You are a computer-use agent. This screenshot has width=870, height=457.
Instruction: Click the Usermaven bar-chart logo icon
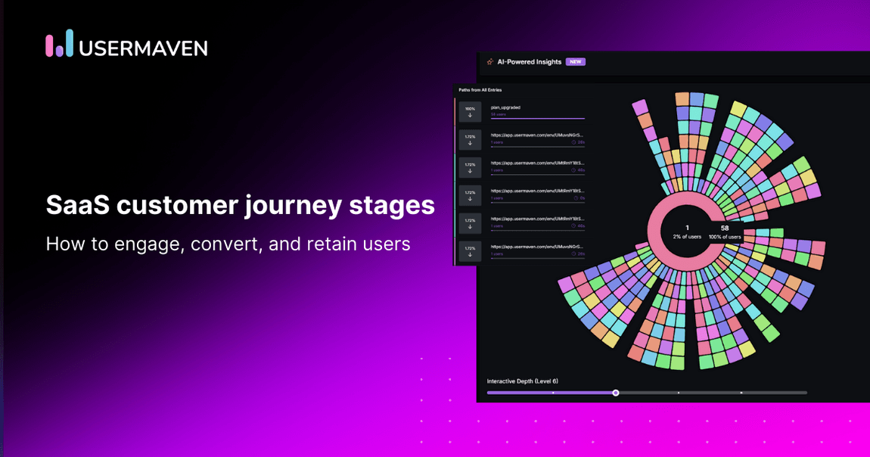tap(59, 44)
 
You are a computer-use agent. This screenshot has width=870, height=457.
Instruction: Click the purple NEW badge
tap(576, 62)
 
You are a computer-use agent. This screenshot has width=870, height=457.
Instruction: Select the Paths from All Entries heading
tap(480, 90)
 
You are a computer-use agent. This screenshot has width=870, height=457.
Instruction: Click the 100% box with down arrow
tap(470, 112)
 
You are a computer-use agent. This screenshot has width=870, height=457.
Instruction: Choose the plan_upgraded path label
tap(505, 107)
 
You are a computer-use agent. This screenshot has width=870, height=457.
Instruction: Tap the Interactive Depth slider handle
tap(616, 393)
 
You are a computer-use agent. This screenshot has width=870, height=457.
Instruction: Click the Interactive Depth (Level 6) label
tap(522, 381)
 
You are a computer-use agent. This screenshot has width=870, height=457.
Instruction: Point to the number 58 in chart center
tap(724, 228)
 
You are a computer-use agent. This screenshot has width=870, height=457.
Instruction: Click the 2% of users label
tap(687, 237)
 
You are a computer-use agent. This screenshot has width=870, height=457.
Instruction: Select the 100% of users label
tap(724, 237)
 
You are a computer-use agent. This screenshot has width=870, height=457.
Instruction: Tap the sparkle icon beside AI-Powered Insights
tap(490, 62)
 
